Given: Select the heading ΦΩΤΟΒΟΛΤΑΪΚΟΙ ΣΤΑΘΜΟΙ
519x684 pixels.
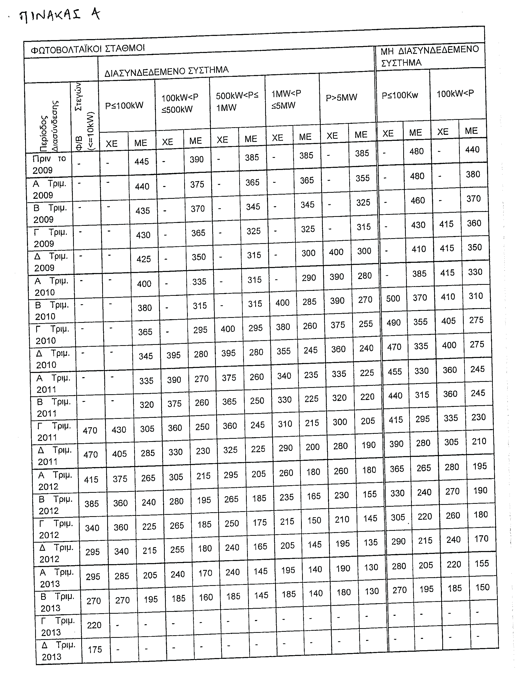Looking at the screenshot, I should pyautogui.click(x=88, y=49).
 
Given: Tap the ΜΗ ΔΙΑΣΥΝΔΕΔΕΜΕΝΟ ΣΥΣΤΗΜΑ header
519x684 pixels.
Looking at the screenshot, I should pyautogui.click(x=429, y=56).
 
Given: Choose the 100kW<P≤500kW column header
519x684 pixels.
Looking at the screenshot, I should pyautogui.click(x=179, y=104).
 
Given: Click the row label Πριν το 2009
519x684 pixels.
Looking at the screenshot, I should pyautogui.click(x=49, y=164).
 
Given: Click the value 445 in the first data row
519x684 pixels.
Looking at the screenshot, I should pyautogui.click(x=141, y=161).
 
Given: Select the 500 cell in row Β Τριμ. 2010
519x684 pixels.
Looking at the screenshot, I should pyautogui.click(x=393, y=299).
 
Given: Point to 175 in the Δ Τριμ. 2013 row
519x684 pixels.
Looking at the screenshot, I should pyautogui.click(x=95, y=650).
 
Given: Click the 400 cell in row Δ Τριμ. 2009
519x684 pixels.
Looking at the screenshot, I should pyautogui.click(x=336, y=252).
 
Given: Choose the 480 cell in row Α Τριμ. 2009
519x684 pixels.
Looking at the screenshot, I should pyautogui.click(x=417, y=176).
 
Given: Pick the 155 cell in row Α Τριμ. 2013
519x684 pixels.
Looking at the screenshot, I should pyautogui.click(x=482, y=563).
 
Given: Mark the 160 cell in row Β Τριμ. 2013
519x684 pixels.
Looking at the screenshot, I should pyautogui.click(x=206, y=597).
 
